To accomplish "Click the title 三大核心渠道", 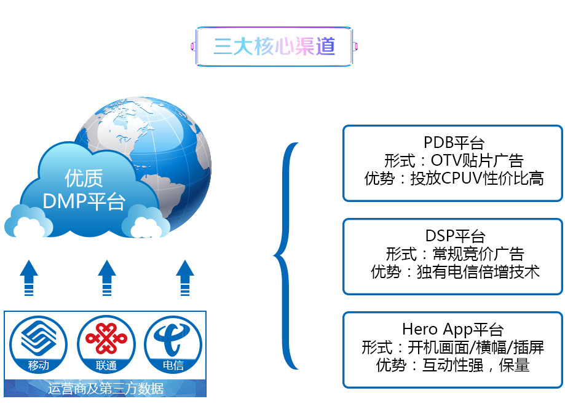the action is pos(274,47).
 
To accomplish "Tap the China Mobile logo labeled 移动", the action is pos(38,344).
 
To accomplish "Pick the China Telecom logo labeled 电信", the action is pos(173,344).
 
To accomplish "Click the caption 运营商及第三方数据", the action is pos(106,389).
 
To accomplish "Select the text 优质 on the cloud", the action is pos(84,178).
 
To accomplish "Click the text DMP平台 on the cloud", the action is pos(84,201).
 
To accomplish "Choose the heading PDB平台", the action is pos(454,143).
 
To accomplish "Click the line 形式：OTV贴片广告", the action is pos(454,160).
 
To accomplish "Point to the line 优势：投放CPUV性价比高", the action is pos(454,178).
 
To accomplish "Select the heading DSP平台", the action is pos(455,236).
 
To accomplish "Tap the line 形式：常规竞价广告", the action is pos(455,254).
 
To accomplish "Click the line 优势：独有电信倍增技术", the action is pos(455,272).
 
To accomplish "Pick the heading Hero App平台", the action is pos(452,329).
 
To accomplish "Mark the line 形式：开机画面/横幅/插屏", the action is pos(452,347).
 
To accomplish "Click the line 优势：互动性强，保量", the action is pos(452,365).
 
